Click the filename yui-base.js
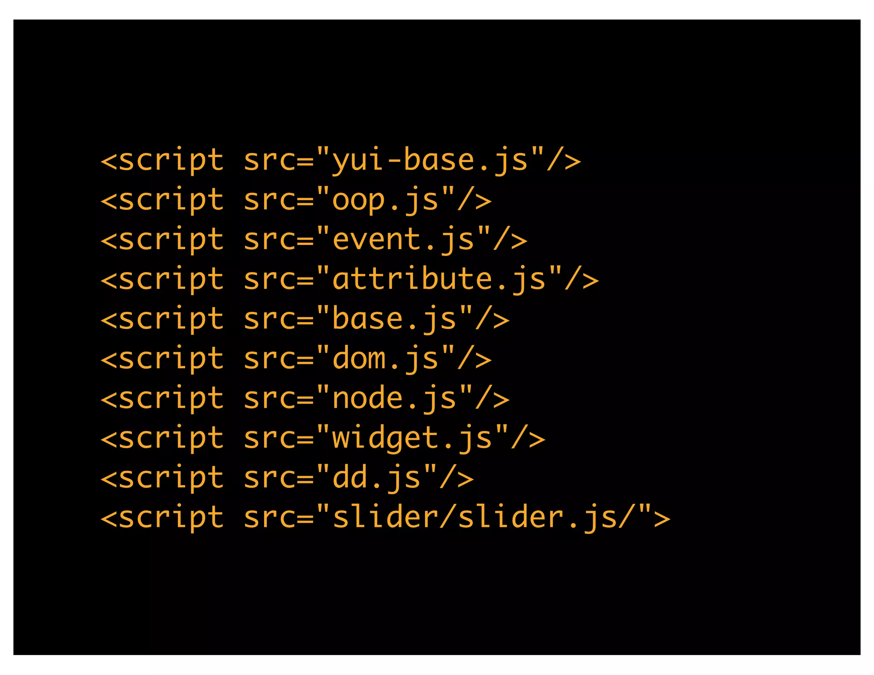430,160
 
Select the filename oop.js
385,200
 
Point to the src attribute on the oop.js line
270,200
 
